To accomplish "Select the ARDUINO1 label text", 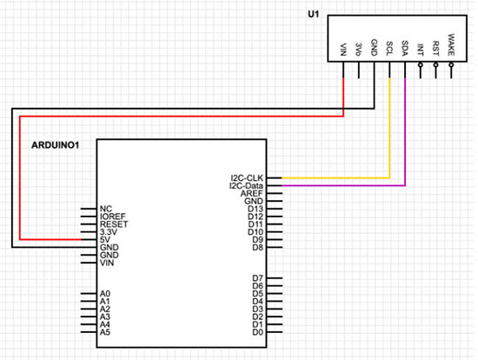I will [56, 143].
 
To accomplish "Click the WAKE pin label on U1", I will [451, 43].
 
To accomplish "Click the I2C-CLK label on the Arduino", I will [247, 178].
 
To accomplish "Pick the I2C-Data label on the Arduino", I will [245, 186].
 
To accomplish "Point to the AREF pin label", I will [254, 194].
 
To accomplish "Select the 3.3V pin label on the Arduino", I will [108, 232].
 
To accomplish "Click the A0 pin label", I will [105, 294].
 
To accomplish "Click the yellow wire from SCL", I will [389, 130].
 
